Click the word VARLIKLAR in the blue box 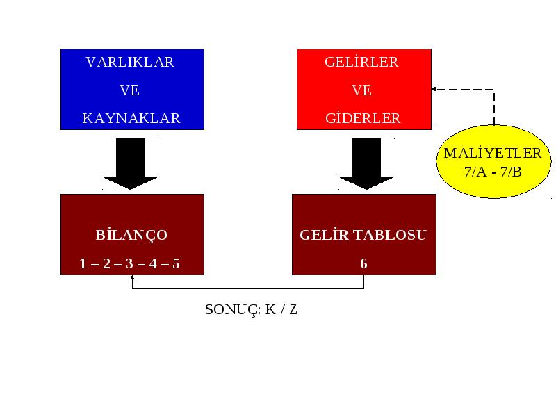[130, 62]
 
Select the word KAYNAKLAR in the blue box [131, 118]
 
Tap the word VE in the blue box [130, 90]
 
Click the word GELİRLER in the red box [361, 62]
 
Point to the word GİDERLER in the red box [363, 117]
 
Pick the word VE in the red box [361, 90]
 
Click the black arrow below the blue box [130, 164]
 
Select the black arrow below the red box [366, 164]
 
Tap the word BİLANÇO [131, 235]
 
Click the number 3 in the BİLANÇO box [129, 263]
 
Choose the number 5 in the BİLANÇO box [176, 263]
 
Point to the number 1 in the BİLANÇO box [83, 263]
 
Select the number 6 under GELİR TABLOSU [363, 263]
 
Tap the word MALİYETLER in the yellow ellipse [493, 153]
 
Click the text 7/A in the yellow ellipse [475, 172]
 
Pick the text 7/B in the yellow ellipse [511, 172]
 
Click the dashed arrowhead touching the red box [434, 90]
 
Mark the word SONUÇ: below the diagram [233, 310]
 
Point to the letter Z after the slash [293, 309]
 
